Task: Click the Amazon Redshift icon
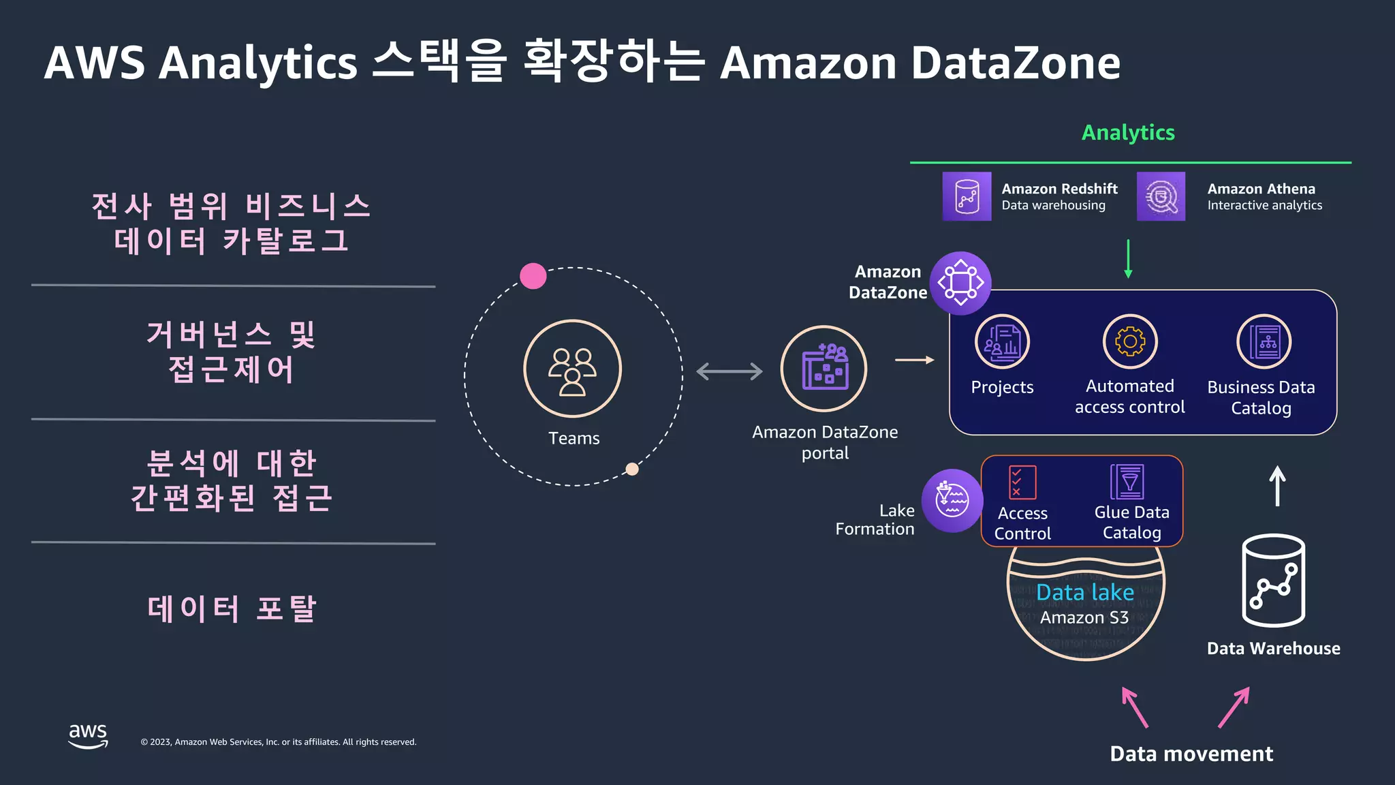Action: click(967, 196)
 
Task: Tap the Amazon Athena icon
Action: click(1161, 196)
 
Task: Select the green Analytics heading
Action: click(1128, 132)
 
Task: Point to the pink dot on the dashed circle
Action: click(533, 276)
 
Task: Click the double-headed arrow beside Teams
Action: click(730, 371)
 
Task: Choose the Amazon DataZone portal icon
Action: click(824, 369)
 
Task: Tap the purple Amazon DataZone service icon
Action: click(960, 283)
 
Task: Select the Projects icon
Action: click(1002, 341)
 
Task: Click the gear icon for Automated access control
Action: click(1130, 341)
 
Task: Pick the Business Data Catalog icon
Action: click(1264, 341)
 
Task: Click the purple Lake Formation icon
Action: click(952, 501)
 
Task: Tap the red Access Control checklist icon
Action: click(1022, 482)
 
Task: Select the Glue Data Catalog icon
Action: click(1128, 482)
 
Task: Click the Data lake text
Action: click(1085, 592)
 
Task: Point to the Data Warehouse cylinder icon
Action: click(1273, 581)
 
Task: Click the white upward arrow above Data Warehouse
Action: click(1277, 486)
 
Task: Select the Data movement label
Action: click(1191, 754)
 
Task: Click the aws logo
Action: click(88, 735)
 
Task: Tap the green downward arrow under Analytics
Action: click(1128, 259)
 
